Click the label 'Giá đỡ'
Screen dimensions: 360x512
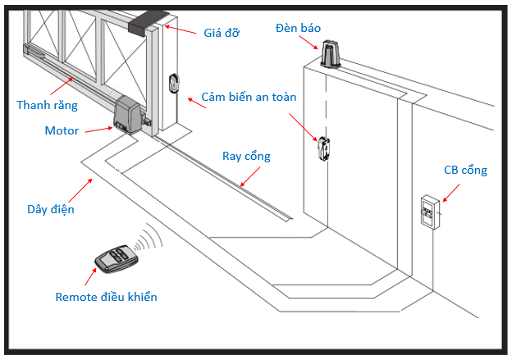coord(222,33)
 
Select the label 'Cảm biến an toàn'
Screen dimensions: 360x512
coord(249,97)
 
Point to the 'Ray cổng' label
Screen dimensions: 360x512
coord(246,156)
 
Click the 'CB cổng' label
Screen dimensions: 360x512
coord(465,171)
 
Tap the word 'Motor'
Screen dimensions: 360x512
coord(62,130)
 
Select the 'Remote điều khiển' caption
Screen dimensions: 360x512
coord(107,296)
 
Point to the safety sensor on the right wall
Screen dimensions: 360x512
coord(322,149)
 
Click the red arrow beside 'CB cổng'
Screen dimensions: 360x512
coord(452,194)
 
